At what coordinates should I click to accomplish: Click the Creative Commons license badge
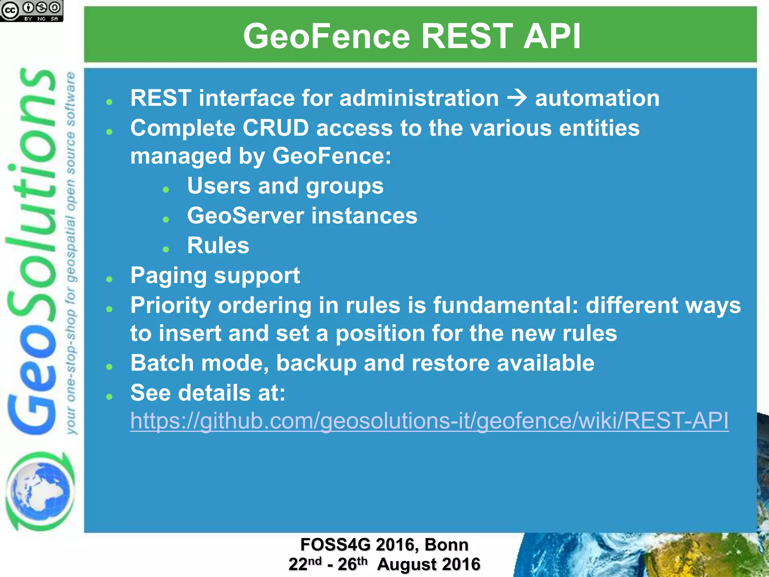[32, 11]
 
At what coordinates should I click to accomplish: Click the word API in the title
[552, 36]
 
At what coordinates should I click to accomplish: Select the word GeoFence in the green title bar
[327, 36]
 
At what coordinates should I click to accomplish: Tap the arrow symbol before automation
[517, 98]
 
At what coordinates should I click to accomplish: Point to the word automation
[597, 98]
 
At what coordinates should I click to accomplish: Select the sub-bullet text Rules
[218, 246]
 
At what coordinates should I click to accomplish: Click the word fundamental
[506, 305]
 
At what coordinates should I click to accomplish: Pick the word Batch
[162, 363]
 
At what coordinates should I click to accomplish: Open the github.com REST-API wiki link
[429, 420]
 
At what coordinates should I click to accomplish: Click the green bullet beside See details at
[109, 396]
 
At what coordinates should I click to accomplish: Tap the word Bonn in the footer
[446, 545]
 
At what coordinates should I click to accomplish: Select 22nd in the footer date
[305, 564]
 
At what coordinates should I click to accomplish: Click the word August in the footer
[405, 564]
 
